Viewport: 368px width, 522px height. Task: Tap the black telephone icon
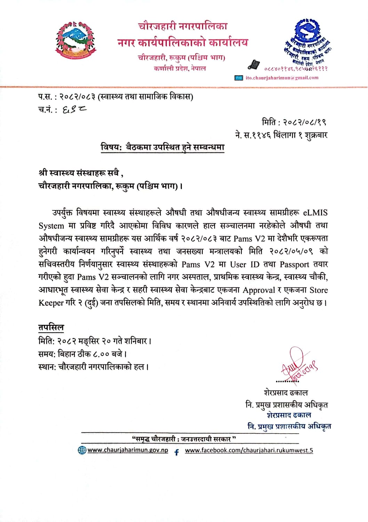[x=254, y=65]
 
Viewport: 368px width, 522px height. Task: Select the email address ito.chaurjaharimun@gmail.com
[x=282, y=78]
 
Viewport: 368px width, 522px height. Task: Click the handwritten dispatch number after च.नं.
[x=75, y=110]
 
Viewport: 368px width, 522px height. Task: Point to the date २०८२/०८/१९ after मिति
[x=304, y=122]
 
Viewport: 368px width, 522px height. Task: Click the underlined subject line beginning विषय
[x=162, y=147]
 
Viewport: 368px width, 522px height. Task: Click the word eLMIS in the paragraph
[x=315, y=213]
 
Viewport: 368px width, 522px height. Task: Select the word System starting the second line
[x=51, y=226]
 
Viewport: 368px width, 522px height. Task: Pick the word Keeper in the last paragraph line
[x=51, y=303]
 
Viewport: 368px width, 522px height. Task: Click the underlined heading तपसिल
[x=51, y=327]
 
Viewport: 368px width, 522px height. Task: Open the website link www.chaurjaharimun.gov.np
[x=128, y=450]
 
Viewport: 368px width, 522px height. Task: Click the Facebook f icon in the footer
[x=177, y=452]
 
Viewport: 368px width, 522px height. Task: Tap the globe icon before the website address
[x=82, y=450]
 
